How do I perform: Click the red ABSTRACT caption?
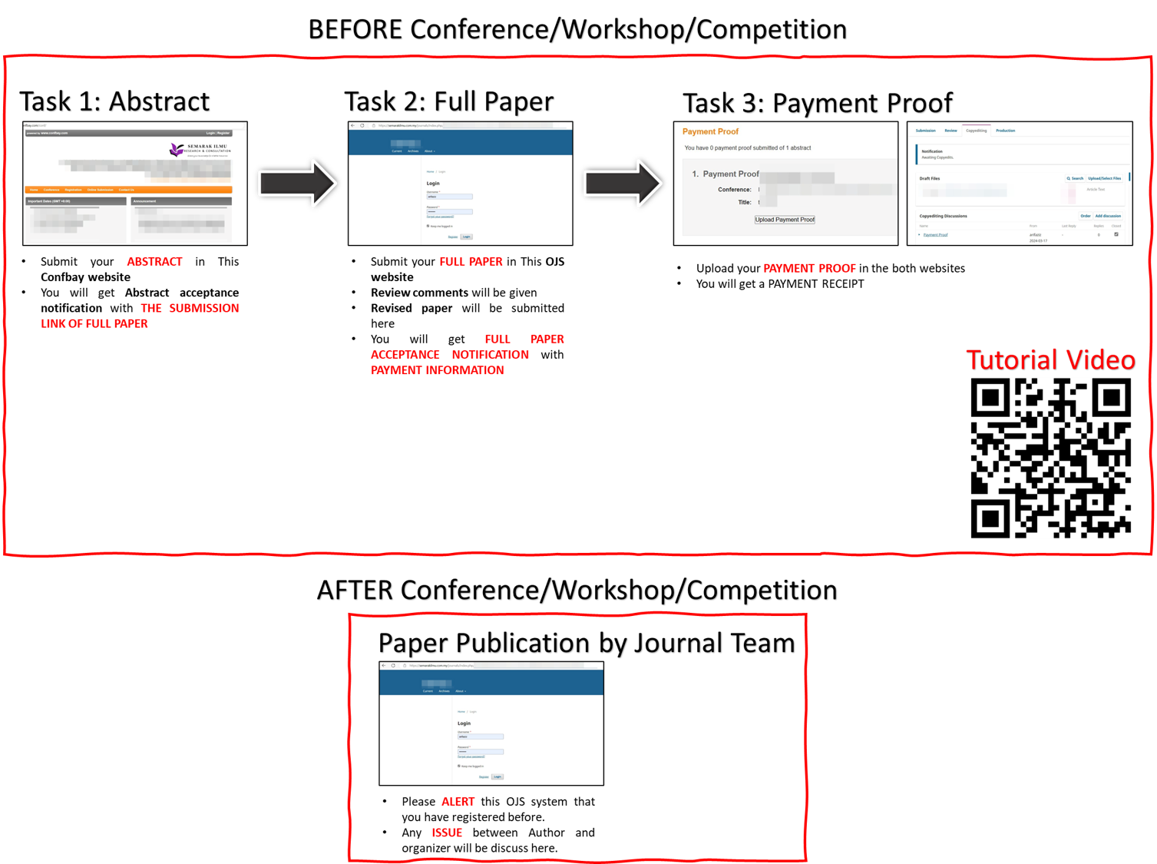coord(154,261)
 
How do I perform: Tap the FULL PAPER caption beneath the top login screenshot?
coord(471,261)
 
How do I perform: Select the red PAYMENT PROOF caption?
coord(809,268)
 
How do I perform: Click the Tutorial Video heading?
coord(1050,359)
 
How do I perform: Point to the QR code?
coord(1050,458)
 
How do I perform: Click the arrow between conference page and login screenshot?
coord(297,183)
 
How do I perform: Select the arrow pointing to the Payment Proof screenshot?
coord(623,183)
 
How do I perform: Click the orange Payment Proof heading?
coord(710,131)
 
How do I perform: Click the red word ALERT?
coord(458,802)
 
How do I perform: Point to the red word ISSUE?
coord(447,833)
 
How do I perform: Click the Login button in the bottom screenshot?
coord(498,776)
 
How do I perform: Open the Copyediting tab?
coord(976,131)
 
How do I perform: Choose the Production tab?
coord(1005,131)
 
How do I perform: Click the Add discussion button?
coord(1107,216)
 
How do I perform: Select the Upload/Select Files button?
coord(1104,178)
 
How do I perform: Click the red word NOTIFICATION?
coord(490,355)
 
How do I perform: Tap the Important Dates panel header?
coord(75,201)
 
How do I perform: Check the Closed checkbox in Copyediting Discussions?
coord(1116,234)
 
